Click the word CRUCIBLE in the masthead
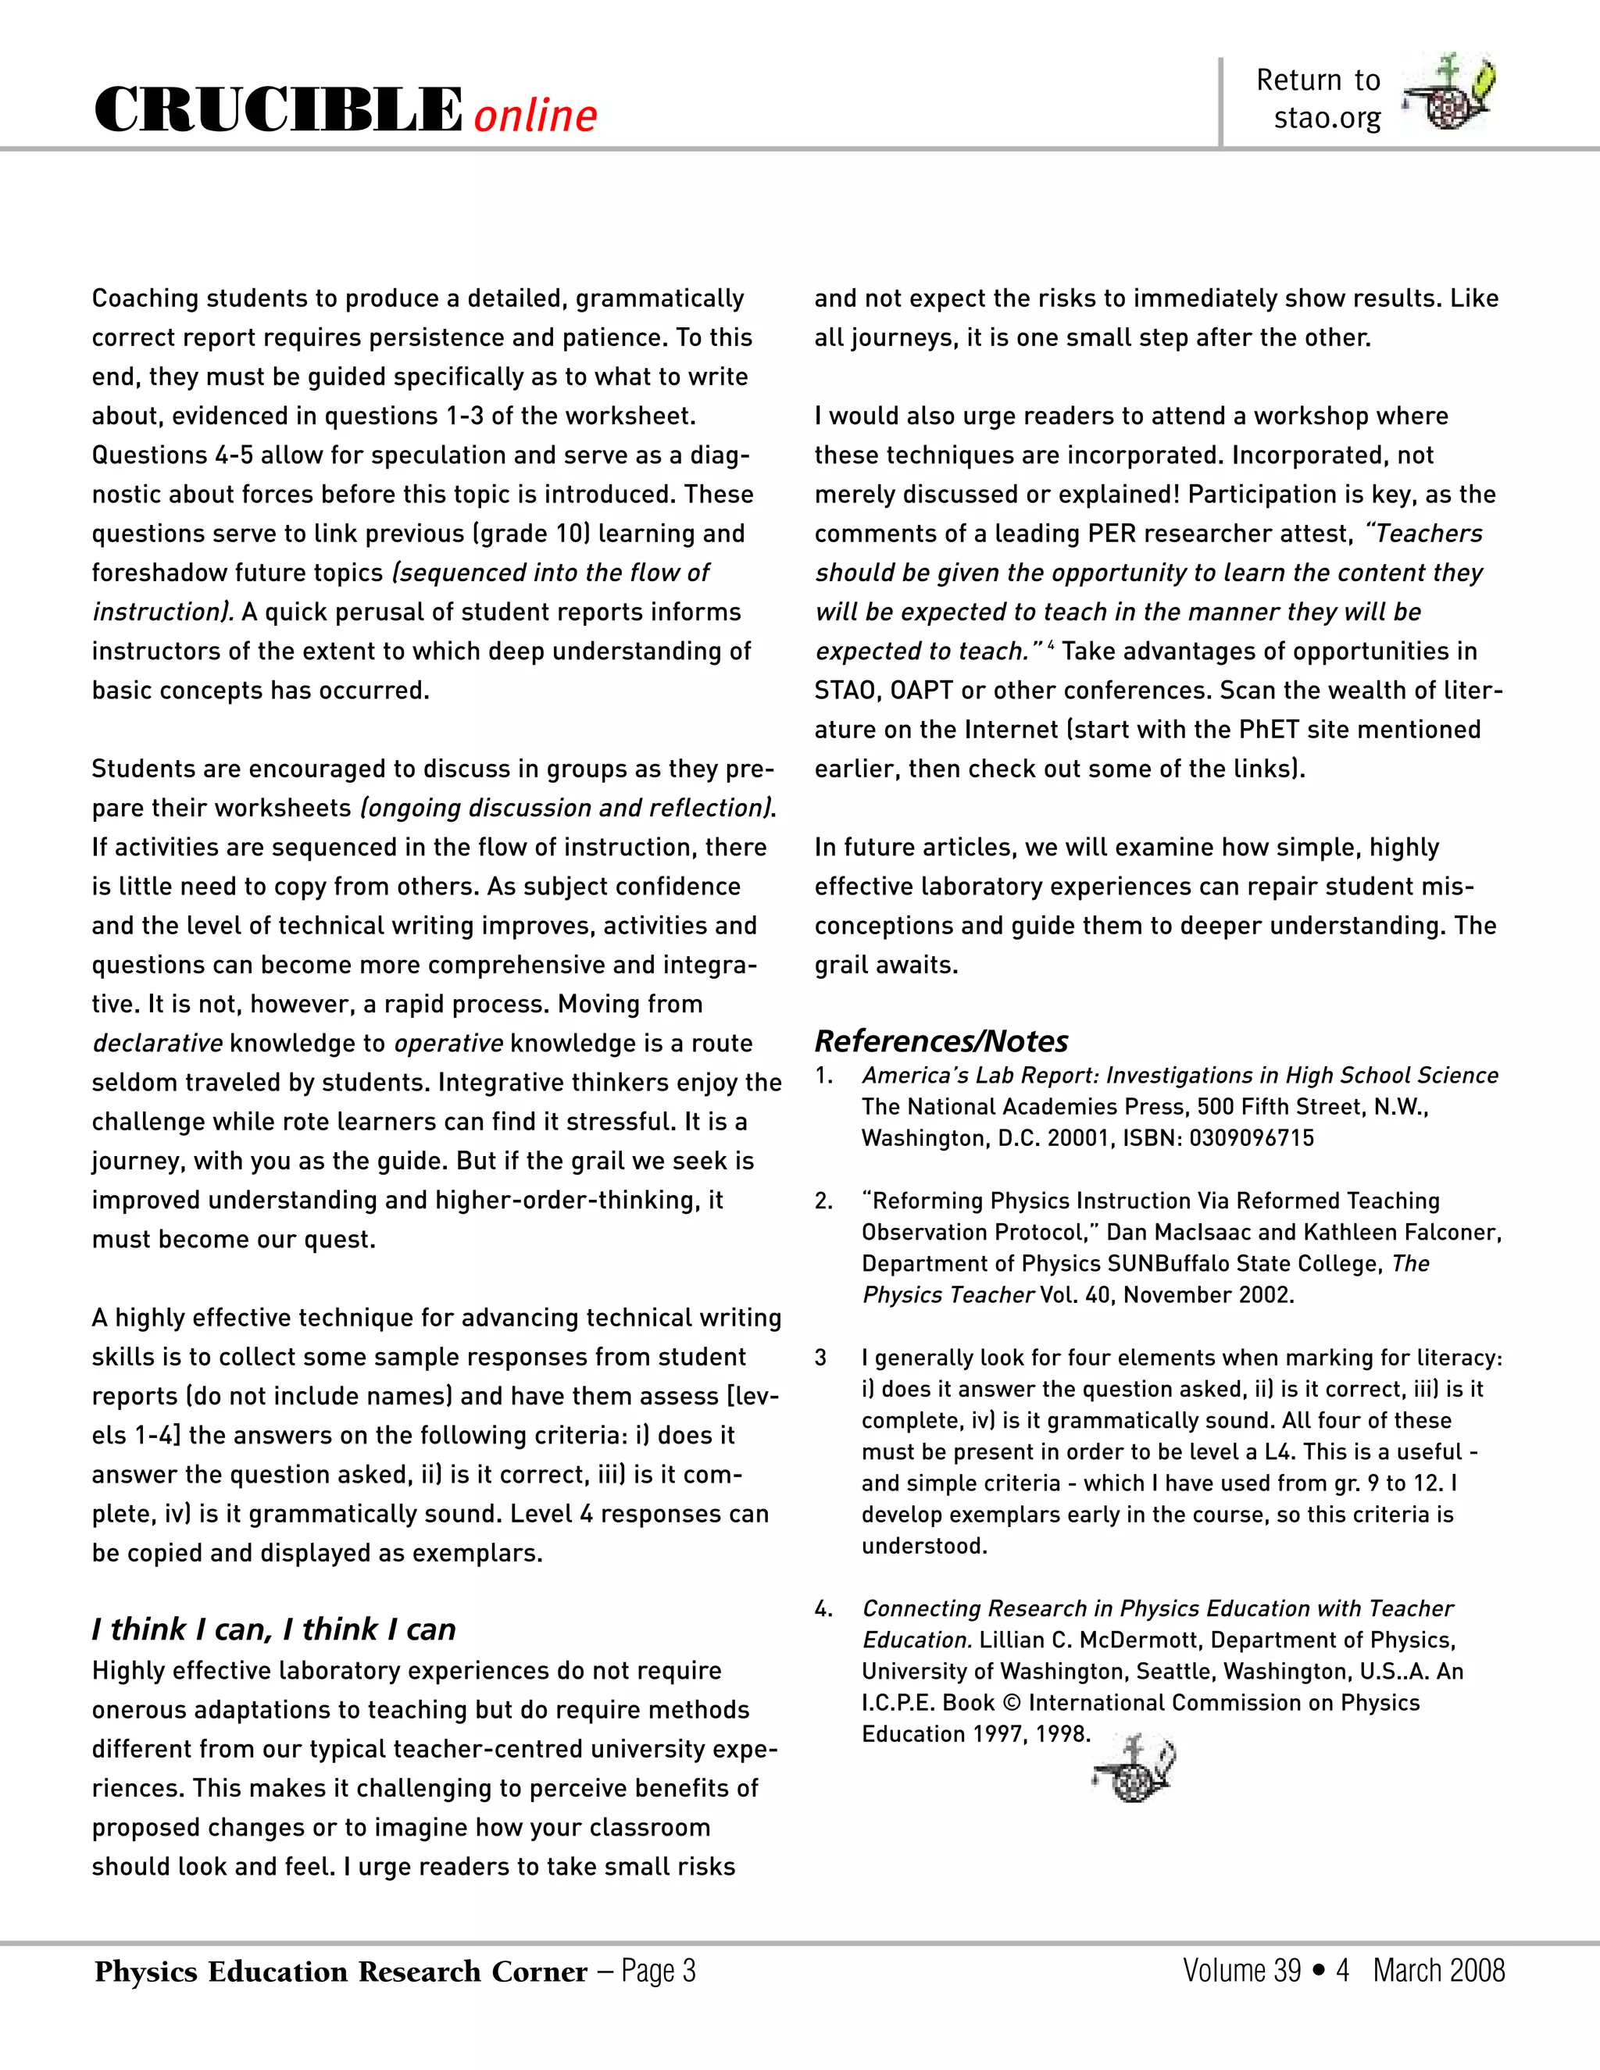coord(277,110)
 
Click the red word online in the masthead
coord(535,116)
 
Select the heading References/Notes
coord(941,1040)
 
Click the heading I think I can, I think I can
coord(274,1629)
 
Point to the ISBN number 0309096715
coord(1252,1137)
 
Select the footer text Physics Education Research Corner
coord(341,1972)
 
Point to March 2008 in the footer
coord(1438,1971)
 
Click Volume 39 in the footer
coord(1241,1971)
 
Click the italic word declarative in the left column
coord(157,1043)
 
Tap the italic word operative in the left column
coord(448,1043)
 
